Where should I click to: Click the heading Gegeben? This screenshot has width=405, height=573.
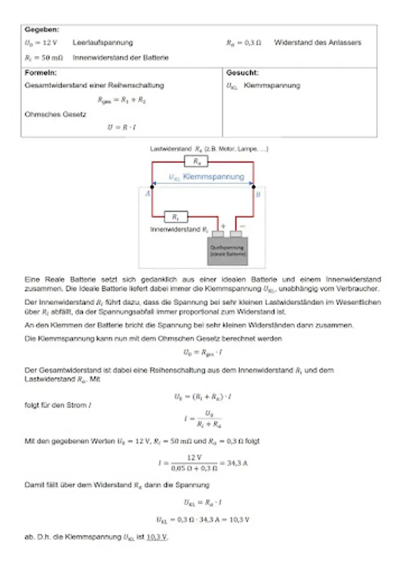[x=41, y=30]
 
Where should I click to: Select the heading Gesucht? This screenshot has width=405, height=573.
[x=243, y=73]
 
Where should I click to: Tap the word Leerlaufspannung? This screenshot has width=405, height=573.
[x=103, y=43]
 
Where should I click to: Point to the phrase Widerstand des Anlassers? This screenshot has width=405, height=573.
[x=317, y=43]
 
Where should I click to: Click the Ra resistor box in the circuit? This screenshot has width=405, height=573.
[x=196, y=162]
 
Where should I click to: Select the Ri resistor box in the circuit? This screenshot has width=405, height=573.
[x=176, y=217]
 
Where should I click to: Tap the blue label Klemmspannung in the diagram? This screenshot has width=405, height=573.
[x=213, y=176]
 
